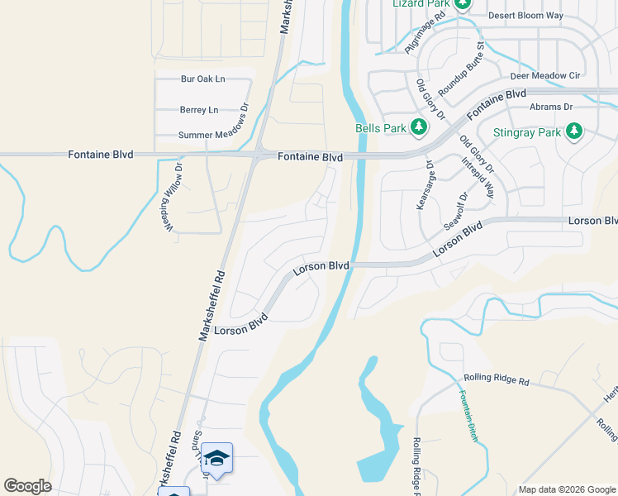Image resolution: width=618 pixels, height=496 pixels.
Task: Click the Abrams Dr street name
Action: [x=550, y=107]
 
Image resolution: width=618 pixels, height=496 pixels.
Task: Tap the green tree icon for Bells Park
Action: [x=420, y=127]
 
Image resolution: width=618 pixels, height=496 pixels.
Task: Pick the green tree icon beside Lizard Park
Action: [x=463, y=4]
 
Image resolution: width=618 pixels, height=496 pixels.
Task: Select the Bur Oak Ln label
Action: [x=202, y=79]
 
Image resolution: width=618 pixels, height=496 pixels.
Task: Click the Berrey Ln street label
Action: [x=199, y=109]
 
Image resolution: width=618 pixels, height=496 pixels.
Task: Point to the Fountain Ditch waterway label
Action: [x=469, y=416]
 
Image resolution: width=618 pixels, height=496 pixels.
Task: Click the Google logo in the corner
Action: [x=27, y=486]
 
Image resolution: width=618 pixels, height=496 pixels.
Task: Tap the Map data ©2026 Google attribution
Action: [x=567, y=489]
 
